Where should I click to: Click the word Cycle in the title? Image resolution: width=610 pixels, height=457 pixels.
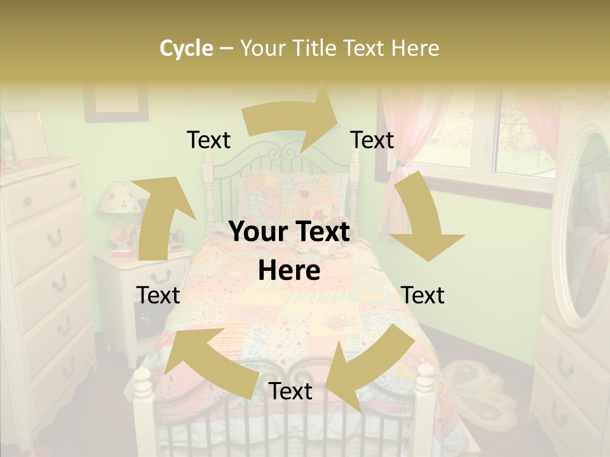(x=186, y=48)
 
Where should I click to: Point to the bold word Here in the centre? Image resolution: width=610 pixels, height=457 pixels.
(x=289, y=271)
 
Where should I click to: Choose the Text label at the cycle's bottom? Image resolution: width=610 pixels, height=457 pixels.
(x=290, y=392)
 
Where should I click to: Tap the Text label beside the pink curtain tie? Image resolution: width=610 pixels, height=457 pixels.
(x=372, y=140)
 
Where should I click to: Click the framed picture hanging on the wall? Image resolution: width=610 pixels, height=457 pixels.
(x=116, y=102)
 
